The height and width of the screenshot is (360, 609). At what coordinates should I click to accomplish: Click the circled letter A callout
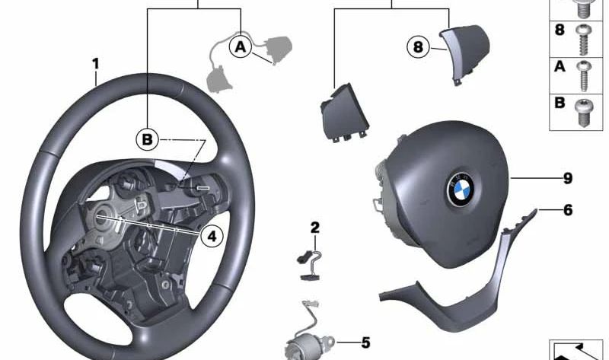(241, 46)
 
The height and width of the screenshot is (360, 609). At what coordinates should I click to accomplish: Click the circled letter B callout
(148, 139)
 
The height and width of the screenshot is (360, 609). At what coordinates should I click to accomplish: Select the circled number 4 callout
(212, 235)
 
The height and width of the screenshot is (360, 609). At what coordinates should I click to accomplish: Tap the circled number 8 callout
(418, 47)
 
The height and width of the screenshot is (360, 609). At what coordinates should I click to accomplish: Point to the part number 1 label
(96, 64)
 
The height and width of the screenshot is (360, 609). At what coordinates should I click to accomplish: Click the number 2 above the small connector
(314, 228)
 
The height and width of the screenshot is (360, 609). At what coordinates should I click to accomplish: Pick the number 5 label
(365, 342)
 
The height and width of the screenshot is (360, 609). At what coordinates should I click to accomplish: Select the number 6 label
(568, 210)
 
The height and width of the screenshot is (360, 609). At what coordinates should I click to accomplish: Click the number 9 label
(568, 178)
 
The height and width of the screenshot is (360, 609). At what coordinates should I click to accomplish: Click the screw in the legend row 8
(582, 40)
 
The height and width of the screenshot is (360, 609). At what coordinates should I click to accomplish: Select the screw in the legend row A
(583, 75)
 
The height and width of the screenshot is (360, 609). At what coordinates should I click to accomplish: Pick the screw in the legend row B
(583, 113)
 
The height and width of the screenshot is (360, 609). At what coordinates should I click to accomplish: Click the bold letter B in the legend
(560, 103)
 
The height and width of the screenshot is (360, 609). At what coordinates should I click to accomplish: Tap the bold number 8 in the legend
(560, 30)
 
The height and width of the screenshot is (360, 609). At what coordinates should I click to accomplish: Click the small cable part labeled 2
(311, 265)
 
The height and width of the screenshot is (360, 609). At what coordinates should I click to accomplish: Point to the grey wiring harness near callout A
(249, 62)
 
